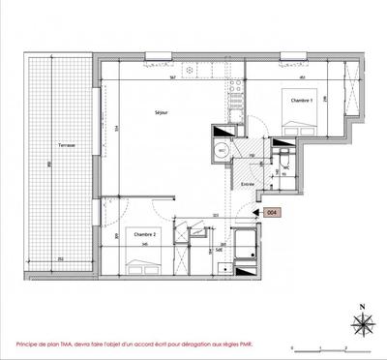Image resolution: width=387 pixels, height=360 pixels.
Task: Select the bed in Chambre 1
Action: (x=301, y=121)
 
